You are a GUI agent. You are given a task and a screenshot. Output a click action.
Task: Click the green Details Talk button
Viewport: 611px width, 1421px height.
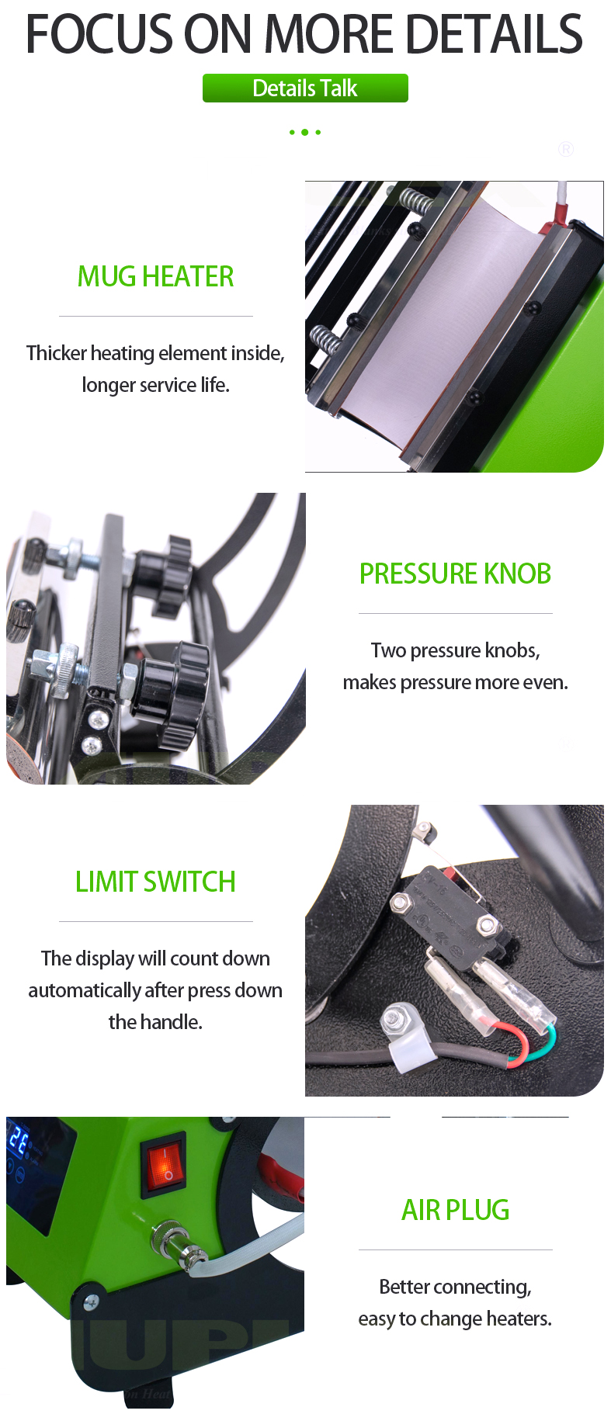305,88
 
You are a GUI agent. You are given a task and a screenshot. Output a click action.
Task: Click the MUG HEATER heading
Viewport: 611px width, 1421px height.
155,277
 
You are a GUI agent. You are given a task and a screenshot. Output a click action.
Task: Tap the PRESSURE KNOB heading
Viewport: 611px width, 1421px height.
455,574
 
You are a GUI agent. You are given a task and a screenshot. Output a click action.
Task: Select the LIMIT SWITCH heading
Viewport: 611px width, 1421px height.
155,882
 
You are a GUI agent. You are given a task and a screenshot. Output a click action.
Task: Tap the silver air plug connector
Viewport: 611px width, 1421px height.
175,1242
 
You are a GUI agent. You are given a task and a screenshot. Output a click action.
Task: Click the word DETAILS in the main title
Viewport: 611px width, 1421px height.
494,35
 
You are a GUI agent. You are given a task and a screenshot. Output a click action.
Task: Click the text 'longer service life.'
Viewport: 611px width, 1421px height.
155,386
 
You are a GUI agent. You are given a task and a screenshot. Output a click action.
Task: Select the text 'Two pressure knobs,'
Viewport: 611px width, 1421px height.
455,650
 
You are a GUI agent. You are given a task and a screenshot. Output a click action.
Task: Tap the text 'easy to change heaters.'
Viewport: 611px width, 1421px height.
455,1319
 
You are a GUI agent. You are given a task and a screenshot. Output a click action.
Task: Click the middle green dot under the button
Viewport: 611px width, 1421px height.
304,133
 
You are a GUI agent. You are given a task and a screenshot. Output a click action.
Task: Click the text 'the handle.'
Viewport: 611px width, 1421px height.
155,1022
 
